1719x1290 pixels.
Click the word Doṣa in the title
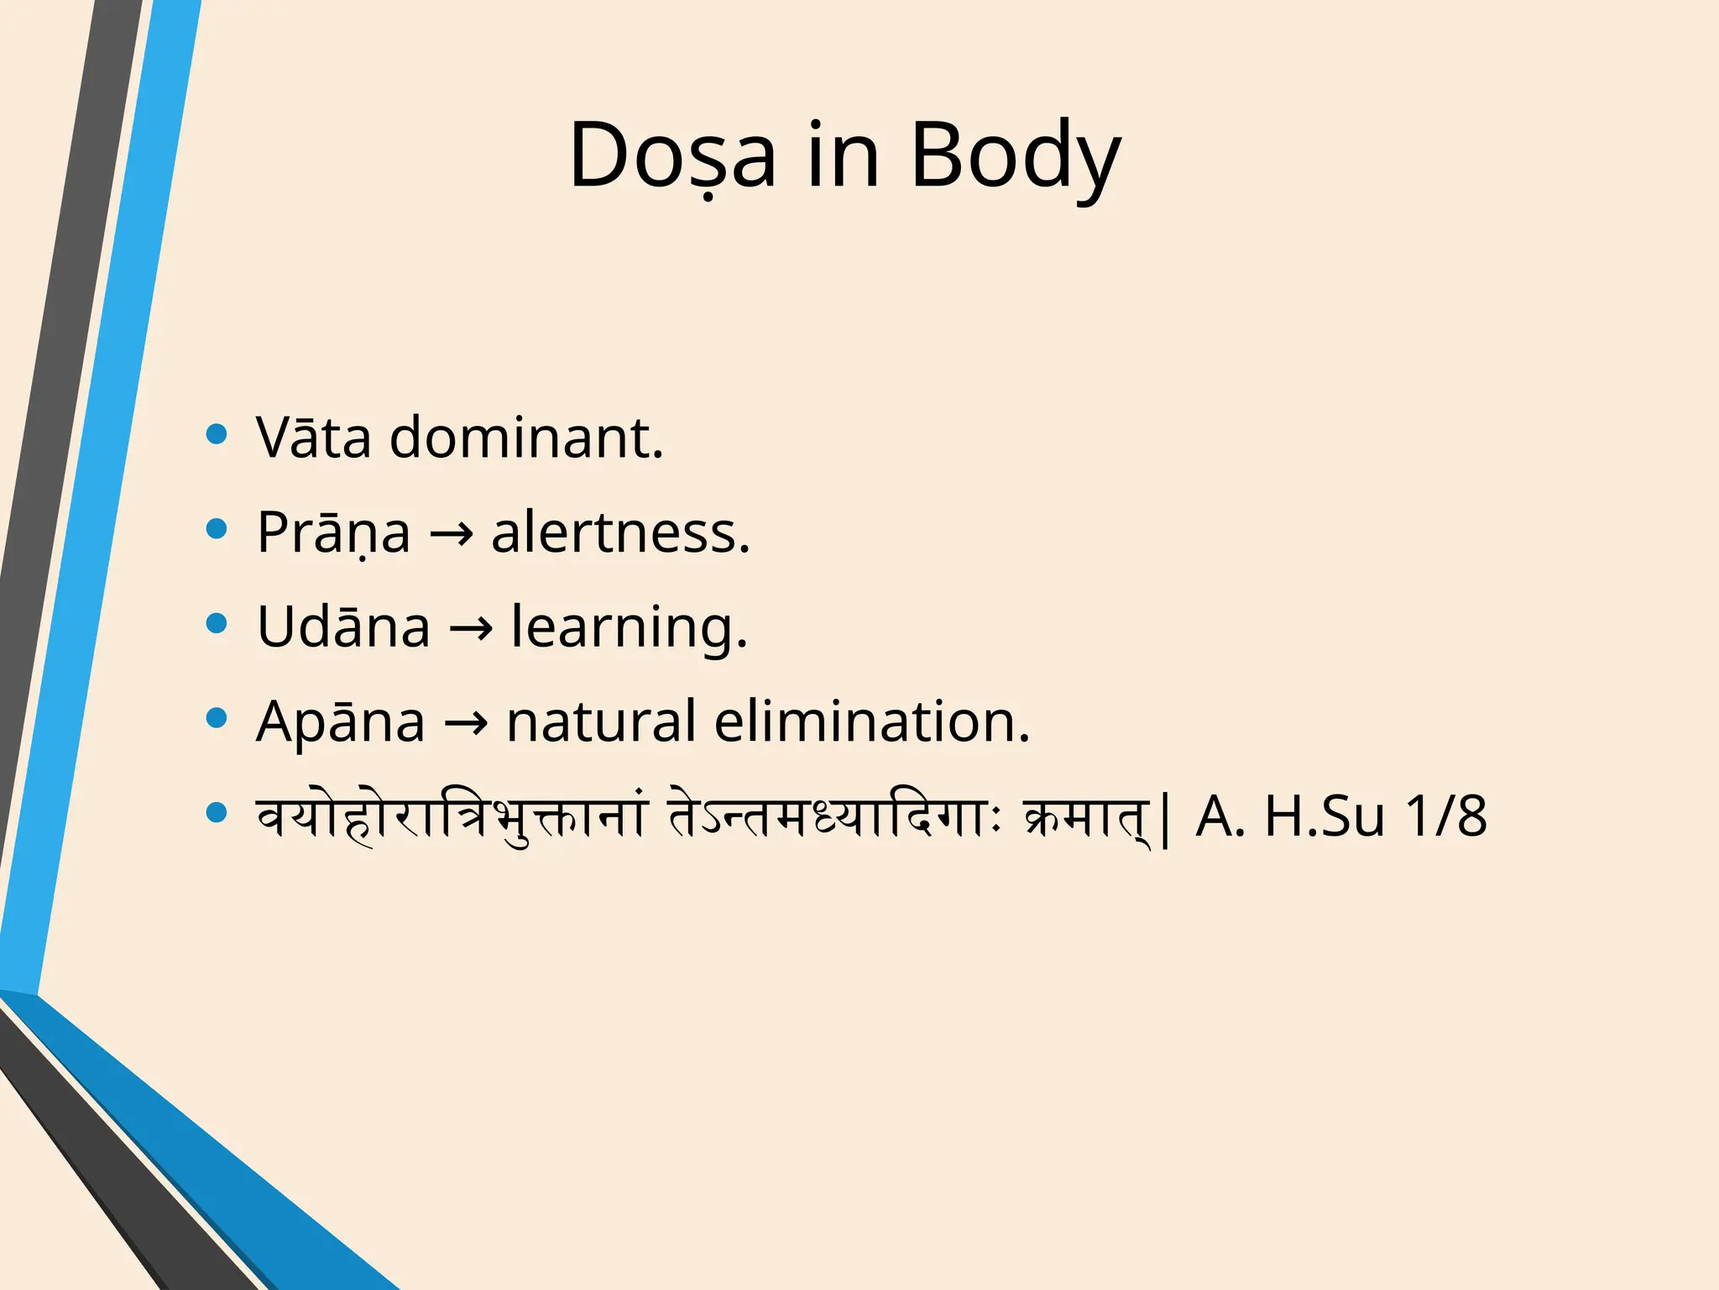click(x=672, y=156)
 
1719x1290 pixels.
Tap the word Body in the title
click(x=1015, y=156)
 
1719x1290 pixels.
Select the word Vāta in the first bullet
click(x=313, y=438)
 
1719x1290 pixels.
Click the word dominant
click(x=526, y=438)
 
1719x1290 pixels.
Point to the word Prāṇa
click(x=333, y=532)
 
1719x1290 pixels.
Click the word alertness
click(x=620, y=532)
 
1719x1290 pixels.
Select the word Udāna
click(x=343, y=627)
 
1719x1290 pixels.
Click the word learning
click(x=629, y=628)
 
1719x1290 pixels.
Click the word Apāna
click(x=340, y=721)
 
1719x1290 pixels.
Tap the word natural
click(x=600, y=721)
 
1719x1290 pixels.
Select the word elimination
click(x=871, y=721)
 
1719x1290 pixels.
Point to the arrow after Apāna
click(x=466, y=723)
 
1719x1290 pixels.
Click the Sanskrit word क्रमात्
click(x=1088, y=816)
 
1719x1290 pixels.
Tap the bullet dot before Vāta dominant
click(x=217, y=434)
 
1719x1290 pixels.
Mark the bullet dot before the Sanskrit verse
click(x=217, y=812)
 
